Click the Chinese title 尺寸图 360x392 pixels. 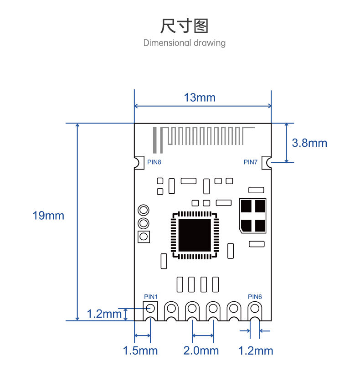pyautogui.click(x=184, y=26)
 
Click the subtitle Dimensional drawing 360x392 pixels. pyautogui.click(x=185, y=43)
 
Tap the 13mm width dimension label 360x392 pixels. pyautogui.click(x=200, y=98)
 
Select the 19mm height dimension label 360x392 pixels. pyautogui.click(x=48, y=216)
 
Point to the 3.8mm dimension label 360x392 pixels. pyautogui.click(x=309, y=143)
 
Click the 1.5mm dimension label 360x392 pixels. pyautogui.click(x=140, y=351)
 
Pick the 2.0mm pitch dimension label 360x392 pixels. pyautogui.click(x=201, y=351)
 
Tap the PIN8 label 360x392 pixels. pyautogui.click(x=154, y=162)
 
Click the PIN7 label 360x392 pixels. pyautogui.click(x=251, y=162)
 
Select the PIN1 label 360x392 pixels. pyautogui.click(x=151, y=297)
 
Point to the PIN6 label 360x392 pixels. pyautogui.click(x=255, y=297)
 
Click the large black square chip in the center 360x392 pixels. pyautogui.click(x=195, y=235)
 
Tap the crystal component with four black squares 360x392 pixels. pyautogui.click(x=253, y=216)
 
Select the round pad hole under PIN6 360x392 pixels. pyautogui.click(x=255, y=308)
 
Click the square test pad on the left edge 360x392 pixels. pyautogui.click(x=144, y=237)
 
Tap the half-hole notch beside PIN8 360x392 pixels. pyautogui.click(x=137, y=163)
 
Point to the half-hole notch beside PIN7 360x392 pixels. pyautogui.click(x=269, y=163)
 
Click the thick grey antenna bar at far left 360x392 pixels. pyautogui.click(x=155, y=140)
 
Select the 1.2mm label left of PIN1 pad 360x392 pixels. pyautogui.click(x=104, y=314)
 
